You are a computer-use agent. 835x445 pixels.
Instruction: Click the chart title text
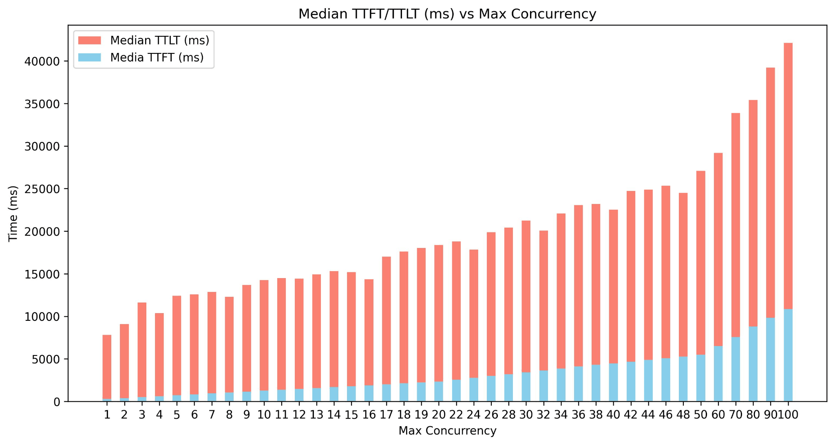[447, 14]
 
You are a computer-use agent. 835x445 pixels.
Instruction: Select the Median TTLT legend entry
[144, 40]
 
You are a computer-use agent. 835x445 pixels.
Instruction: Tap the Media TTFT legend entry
[141, 57]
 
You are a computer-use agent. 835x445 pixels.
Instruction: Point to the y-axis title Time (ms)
[13, 213]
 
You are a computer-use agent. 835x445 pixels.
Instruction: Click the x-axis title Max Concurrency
[447, 431]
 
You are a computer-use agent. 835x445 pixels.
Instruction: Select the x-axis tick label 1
[107, 415]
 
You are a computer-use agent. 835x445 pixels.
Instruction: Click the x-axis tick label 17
[386, 415]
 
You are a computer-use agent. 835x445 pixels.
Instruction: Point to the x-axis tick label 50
[700, 415]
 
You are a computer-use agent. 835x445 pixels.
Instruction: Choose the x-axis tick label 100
[788, 415]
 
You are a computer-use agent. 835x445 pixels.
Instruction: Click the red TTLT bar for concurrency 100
[788, 176]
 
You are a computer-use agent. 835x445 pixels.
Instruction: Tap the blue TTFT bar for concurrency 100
[788, 355]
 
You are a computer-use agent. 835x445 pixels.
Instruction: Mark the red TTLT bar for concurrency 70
[736, 225]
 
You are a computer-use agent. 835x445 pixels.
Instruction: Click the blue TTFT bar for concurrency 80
[753, 364]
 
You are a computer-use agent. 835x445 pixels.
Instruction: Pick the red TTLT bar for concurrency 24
[474, 313]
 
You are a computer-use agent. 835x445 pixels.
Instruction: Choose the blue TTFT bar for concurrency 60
[718, 374]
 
